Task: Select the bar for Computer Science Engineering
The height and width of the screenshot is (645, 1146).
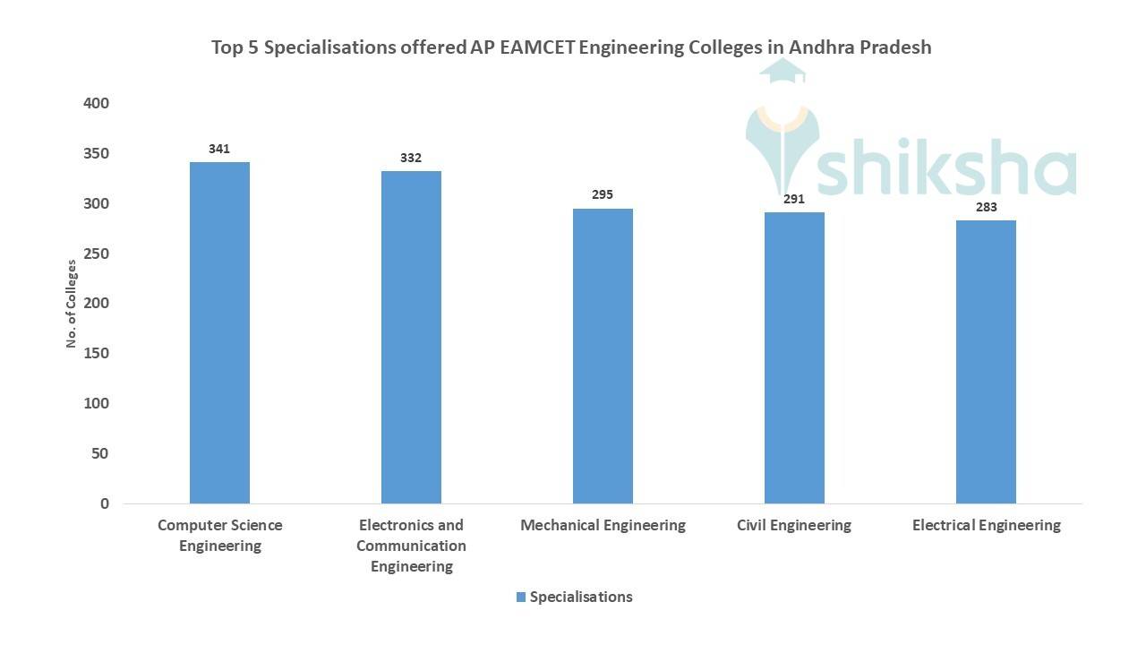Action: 219,332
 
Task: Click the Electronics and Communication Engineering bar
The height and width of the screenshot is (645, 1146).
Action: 411,337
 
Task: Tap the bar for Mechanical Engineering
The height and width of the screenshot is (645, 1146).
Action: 603,356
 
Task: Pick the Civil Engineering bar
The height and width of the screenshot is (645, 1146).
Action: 794,357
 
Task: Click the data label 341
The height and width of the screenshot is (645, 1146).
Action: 219,149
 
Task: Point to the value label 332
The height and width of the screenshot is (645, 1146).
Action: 411,158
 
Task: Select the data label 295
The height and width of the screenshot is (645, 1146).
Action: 603,194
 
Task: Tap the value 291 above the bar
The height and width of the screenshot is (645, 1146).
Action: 794,199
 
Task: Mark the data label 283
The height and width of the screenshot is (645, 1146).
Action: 986,207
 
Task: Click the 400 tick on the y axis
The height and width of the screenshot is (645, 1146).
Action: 96,103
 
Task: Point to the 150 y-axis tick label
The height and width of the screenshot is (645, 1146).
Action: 96,353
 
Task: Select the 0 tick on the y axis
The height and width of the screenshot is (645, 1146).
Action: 104,503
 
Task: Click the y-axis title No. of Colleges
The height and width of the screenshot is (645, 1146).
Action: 72,304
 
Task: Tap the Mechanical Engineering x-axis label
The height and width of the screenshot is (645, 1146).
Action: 603,525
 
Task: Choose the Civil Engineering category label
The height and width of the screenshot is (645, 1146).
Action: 794,525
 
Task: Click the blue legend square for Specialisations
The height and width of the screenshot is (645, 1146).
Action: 521,598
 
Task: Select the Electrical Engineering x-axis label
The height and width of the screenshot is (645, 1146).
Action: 986,525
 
